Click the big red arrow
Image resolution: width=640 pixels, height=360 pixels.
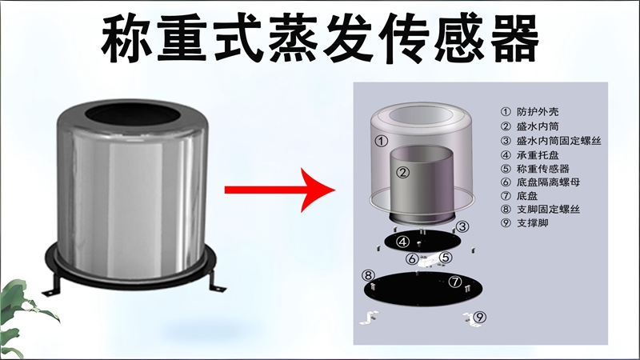[276, 190]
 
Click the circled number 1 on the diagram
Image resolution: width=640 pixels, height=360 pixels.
[382, 141]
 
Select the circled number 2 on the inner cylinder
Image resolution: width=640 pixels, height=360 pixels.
[403, 171]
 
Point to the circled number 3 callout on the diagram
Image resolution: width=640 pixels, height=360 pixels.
[463, 226]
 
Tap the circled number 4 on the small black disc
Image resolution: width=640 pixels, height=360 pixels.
[403, 242]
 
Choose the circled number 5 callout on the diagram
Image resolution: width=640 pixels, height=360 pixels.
[446, 258]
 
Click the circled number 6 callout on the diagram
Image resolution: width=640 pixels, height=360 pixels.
[411, 258]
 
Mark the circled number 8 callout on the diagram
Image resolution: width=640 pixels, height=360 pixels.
[369, 275]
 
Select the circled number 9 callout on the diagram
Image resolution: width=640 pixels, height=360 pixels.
[479, 317]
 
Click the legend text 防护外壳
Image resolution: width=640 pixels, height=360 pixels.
[538, 111]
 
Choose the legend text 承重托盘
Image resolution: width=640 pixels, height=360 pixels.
[538, 154]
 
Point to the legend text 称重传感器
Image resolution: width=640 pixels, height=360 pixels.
[544, 169]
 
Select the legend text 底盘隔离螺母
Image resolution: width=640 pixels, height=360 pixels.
[550, 182]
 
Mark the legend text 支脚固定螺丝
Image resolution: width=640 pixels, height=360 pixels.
[550, 211]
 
